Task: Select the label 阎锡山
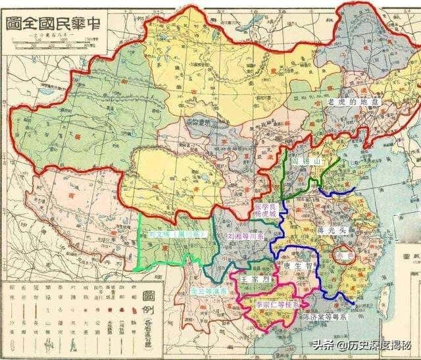pyautogui.click(x=305, y=160)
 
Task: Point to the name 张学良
pyautogui.click(x=266, y=207)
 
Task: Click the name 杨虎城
pyautogui.click(x=266, y=215)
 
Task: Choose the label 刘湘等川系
pyautogui.click(x=245, y=234)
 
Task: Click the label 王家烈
pyautogui.click(x=254, y=279)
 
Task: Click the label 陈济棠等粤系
pyautogui.click(x=325, y=316)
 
